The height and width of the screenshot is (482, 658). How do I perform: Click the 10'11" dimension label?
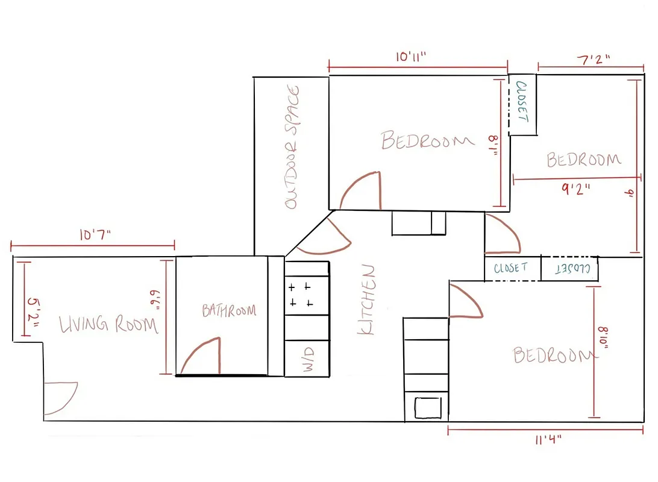pyautogui.click(x=411, y=57)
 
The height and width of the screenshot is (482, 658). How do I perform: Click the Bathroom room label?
pyautogui.click(x=228, y=311)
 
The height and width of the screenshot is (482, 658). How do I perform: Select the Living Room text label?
pyautogui.click(x=108, y=325)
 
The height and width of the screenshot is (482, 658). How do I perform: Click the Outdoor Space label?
pyautogui.click(x=292, y=148)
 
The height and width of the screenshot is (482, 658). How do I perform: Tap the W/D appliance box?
pyautogui.click(x=307, y=358)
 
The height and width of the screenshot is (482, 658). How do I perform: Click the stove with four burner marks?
pyautogui.click(x=307, y=295)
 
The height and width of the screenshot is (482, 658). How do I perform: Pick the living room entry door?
pyautogui.click(x=60, y=398)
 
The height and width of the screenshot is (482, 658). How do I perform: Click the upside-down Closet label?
pyautogui.click(x=569, y=269)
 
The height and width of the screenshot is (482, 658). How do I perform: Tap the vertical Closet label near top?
pyautogui.click(x=522, y=102)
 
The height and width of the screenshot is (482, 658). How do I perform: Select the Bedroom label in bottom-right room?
pyautogui.click(x=551, y=355)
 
